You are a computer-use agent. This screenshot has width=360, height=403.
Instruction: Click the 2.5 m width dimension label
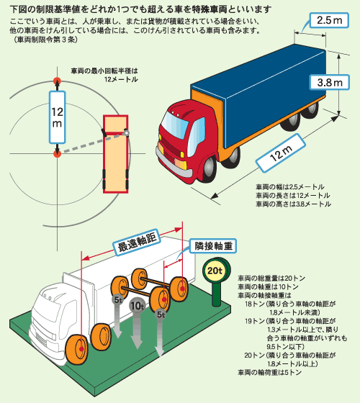click(x=329, y=20)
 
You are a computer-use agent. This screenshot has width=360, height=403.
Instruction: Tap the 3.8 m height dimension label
click(x=330, y=83)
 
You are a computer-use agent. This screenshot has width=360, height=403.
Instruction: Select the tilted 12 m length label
click(x=281, y=153)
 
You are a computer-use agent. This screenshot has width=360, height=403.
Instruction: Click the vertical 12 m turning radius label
click(x=57, y=117)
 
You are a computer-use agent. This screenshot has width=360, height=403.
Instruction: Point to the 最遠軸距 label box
click(x=137, y=243)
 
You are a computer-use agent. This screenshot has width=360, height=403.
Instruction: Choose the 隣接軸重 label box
click(x=213, y=246)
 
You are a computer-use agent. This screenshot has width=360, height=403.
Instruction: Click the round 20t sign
click(x=215, y=271)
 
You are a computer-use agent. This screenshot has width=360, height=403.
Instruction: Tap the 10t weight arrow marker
click(x=137, y=323)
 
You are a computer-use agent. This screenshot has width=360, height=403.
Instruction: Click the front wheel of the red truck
click(x=210, y=169)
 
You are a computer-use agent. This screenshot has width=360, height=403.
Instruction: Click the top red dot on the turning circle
click(x=57, y=81)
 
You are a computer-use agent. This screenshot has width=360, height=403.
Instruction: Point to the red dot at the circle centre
click(x=57, y=154)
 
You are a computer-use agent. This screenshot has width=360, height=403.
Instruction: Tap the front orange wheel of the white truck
click(x=76, y=349)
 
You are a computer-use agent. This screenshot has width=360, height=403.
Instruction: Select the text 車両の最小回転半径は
click(x=104, y=71)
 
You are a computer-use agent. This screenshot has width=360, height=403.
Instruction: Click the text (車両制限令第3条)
click(x=44, y=40)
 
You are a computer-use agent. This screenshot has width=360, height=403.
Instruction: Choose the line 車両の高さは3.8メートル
click(x=293, y=204)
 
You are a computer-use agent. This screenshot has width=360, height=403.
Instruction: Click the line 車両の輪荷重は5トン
click(x=269, y=373)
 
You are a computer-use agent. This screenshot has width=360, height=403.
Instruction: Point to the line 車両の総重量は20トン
click(x=271, y=278)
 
